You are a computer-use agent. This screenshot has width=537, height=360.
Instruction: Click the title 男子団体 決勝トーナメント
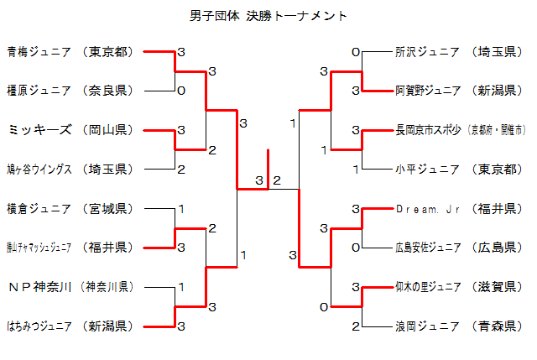268,16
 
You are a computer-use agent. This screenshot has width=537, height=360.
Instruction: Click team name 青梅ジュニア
39,52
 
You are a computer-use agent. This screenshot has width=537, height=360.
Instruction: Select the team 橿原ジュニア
39,91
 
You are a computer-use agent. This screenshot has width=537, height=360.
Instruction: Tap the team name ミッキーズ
39,130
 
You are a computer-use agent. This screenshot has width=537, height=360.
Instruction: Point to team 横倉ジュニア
39,208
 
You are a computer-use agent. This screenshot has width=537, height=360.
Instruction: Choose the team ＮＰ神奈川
39,286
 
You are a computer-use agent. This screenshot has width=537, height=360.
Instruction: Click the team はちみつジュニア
39,326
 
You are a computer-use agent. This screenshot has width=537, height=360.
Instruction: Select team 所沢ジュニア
427,52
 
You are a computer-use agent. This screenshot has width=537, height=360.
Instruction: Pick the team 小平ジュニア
427,169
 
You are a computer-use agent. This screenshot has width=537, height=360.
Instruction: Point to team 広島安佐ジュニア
427,248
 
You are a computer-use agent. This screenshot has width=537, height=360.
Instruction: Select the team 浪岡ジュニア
427,326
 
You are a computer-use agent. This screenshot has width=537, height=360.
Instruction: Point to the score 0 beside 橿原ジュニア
180,91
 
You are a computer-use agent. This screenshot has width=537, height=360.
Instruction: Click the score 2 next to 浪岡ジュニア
356,326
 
